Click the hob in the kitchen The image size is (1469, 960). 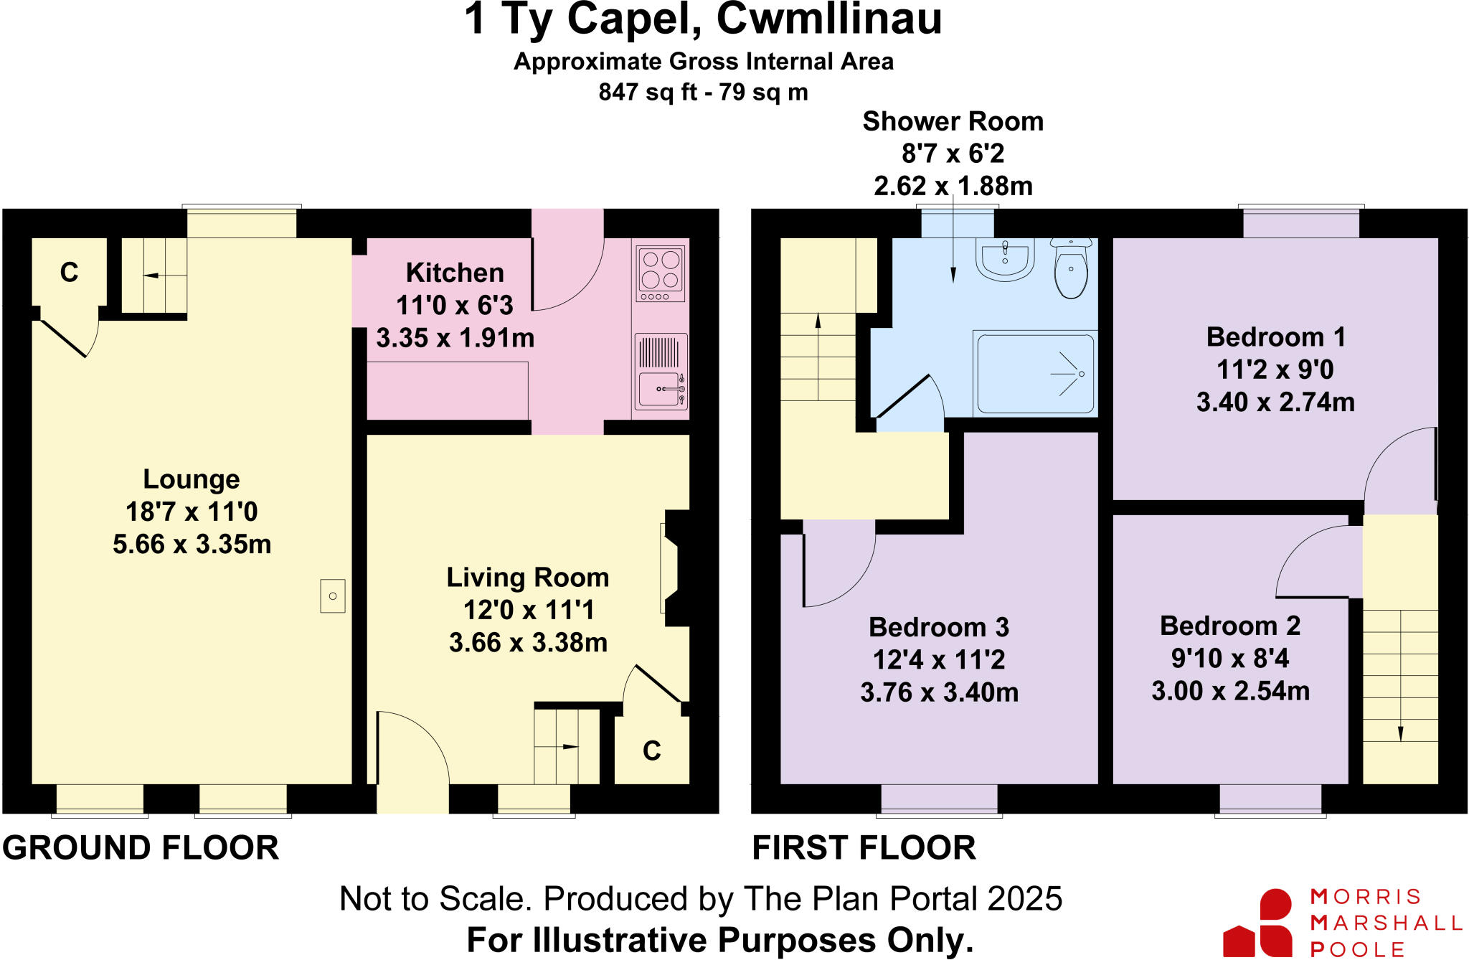coord(661,273)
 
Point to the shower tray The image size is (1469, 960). coord(1035,373)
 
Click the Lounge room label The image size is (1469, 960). coord(192,479)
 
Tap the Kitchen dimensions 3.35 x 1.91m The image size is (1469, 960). coord(455,337)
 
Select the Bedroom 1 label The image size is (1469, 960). coord(1275,337)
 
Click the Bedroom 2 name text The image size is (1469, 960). coord(1230,626)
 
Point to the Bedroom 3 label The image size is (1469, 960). coord(939,627)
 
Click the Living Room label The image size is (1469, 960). coord(528,578)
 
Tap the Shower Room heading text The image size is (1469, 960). coord(953,121)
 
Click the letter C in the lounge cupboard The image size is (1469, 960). coord(69,273)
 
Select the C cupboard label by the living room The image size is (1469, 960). coord(651,751)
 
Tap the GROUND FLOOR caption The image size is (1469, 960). coord(141,848)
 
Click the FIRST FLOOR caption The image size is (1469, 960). coord(864,848)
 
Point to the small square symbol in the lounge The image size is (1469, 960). coord(333,596)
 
